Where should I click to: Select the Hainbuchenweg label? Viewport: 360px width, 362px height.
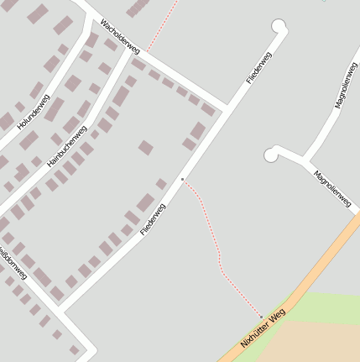click(x=67, y=145)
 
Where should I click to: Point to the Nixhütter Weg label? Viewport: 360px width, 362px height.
click(x=263, y=328)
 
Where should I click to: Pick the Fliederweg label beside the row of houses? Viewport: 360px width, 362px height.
click(x=153, y=218)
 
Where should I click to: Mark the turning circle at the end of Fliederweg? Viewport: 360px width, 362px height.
click(x=279, y=27)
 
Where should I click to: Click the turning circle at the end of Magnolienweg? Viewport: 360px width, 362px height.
click(x=271, y=154)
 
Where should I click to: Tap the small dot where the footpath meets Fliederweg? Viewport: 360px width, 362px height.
click(x=182, y=179)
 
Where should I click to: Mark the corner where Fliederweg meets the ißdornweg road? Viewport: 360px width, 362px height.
click(x=60, y=309)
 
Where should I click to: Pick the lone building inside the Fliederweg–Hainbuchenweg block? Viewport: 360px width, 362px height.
click(x=146, y=148)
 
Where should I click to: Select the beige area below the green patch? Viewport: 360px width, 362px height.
click(x=319, y=344)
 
